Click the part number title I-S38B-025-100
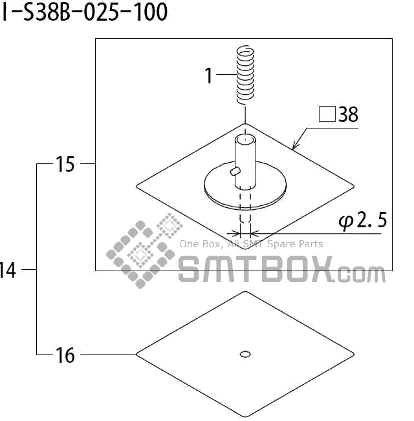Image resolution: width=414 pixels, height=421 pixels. tap(84, 11)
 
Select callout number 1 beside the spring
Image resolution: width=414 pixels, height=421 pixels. tap(209, 76)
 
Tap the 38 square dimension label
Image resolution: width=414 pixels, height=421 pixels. tap(339, 115)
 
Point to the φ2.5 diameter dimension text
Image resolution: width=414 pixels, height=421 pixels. tap(362, 221)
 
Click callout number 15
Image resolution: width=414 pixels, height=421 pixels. tap(65, 165)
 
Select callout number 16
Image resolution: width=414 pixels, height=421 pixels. tap(65, 354)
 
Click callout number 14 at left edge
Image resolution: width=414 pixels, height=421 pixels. tap(8, 270)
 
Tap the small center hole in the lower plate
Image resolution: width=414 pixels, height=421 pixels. tap(245, 353)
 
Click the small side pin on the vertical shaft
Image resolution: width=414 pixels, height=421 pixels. tap(234, 170)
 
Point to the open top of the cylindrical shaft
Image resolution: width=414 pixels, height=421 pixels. tap(245, 139)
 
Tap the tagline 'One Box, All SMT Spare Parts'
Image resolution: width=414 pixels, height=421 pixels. tap(251, 244)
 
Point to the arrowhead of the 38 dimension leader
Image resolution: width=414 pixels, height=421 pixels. tap(295, 148)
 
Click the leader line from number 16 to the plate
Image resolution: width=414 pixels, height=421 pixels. tap(107, 354)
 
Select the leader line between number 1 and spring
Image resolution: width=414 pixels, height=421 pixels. tap(226, 76)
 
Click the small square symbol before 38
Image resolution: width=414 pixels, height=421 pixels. tap(327, 115)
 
